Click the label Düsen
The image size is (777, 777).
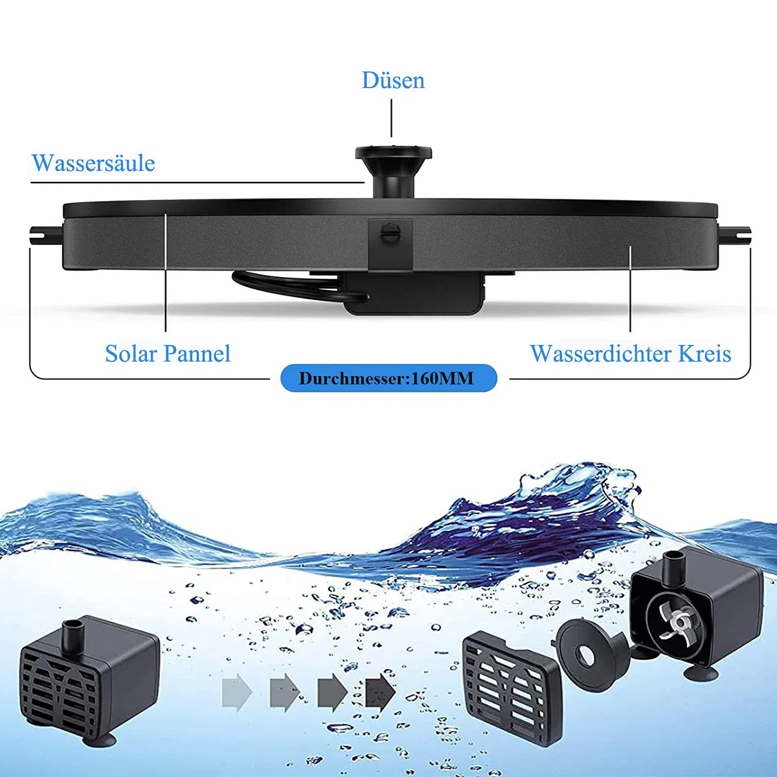pos(393,80)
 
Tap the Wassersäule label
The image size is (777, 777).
pos(93,163)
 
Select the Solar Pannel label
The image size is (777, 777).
pos(168,354)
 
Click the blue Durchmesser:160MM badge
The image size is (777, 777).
pos(388,378)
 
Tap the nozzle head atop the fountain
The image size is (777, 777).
pos(394,153)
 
